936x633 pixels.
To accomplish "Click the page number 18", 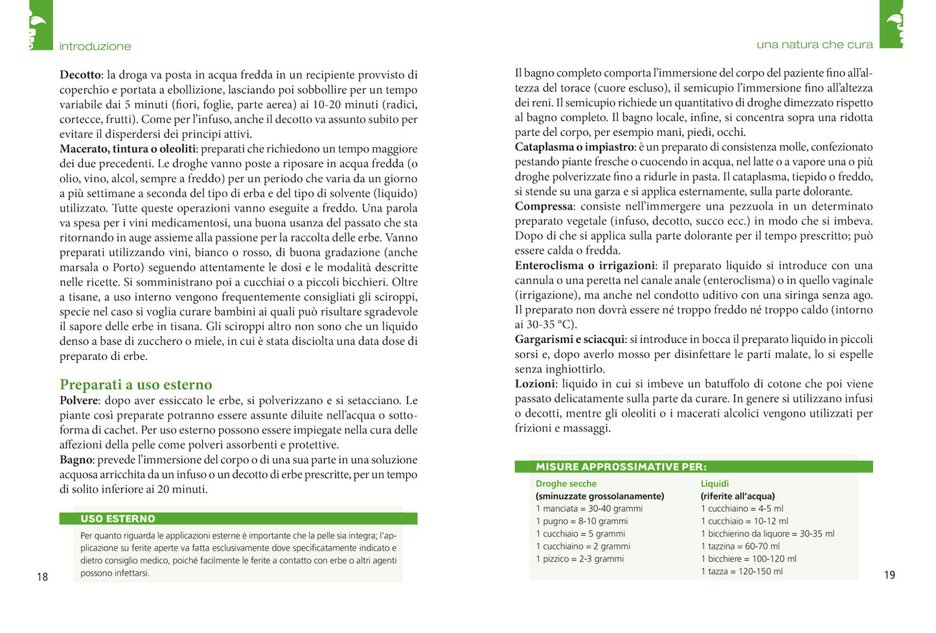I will tap(42, 577).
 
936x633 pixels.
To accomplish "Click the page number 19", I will tap(889, 575).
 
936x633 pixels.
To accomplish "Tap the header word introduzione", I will tap(95, 46).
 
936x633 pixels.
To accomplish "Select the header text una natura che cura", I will tap(814, 45).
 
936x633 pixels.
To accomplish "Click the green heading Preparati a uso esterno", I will tap(136, 384).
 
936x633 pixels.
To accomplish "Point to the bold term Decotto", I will tap(80, 75).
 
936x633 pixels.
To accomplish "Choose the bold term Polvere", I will tap(79, 401).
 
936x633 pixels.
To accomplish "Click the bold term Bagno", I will tap(76, 460).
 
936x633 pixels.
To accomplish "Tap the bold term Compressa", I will tap(543, 206).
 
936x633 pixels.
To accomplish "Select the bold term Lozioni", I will tap(535, 384).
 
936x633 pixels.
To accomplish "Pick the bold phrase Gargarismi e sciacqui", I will tap(570, 339).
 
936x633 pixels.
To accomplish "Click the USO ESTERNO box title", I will tap(118, 518).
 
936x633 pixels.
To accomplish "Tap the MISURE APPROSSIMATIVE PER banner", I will tap(621, 467).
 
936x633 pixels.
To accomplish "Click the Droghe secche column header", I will tap(566, 483).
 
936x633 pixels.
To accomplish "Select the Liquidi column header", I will tap(714, 483).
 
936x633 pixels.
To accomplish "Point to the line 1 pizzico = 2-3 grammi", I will tap(580, 559).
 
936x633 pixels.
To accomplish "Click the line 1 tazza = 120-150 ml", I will tap(742, 572).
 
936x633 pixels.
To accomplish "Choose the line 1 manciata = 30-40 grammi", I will tap(589, 509).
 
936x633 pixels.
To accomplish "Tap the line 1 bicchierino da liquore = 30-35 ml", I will tap(768, 534).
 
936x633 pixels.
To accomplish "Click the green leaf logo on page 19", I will tap(892, 25).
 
